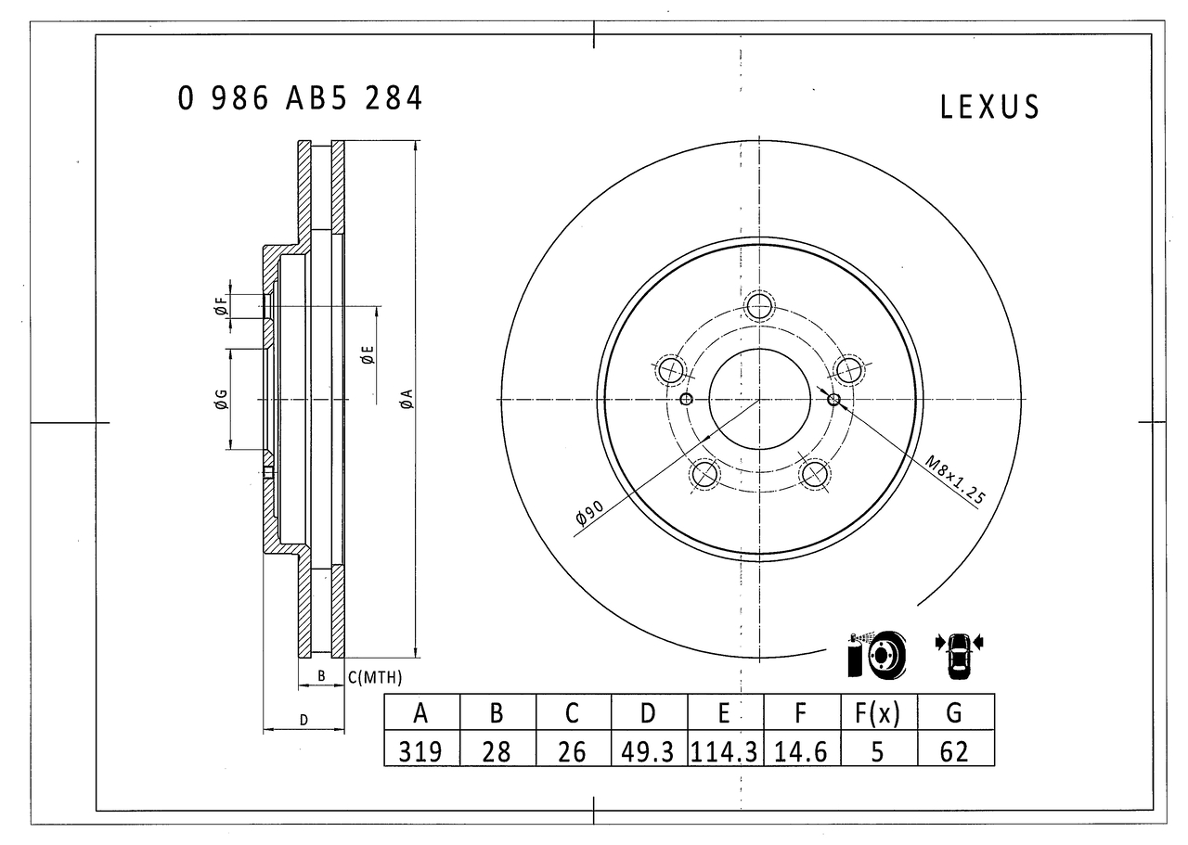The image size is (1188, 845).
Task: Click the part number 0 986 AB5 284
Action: (x=300, y=98)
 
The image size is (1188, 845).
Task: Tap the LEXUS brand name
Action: (x=989, y=107)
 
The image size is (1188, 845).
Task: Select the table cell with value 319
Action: (x=420, y=751)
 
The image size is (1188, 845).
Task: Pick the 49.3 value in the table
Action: (x=648, y=751)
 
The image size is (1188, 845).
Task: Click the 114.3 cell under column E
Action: (x=725, y=751)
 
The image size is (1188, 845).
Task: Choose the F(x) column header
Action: (x=878, y=713)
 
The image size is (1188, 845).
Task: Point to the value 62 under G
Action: (x=955, y=751)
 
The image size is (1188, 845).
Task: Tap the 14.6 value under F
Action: (x=801, y=751)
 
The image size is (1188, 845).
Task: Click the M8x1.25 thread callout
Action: (x=955, y=480)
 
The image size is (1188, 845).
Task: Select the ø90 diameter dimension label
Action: (x=589, y=512)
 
